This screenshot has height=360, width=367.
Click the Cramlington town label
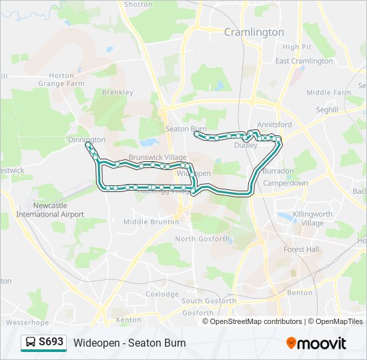click(x=254, y=32)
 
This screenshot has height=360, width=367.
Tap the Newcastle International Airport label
click(x=50, y=210)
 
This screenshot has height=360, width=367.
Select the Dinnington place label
click(x=87, y=139)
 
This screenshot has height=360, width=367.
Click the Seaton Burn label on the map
click(x=186, y=129)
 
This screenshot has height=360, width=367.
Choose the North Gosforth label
click(x=202, y=239)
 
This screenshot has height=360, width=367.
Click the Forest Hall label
click(x=301, y=249)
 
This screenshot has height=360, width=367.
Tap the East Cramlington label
click(x=304, y=61)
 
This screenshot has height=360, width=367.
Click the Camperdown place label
click(x=286, y=183)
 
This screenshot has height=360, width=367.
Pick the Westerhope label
click(x=27, y=322)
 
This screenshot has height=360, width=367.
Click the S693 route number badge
click(x=51, y=342)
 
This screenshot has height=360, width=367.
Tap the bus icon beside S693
click(x=31, y=343)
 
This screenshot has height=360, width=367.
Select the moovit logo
click(x=316, y=343)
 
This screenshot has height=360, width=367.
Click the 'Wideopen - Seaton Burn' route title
click(x=129, y=343)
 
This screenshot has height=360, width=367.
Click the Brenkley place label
click(x=117, y=93)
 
